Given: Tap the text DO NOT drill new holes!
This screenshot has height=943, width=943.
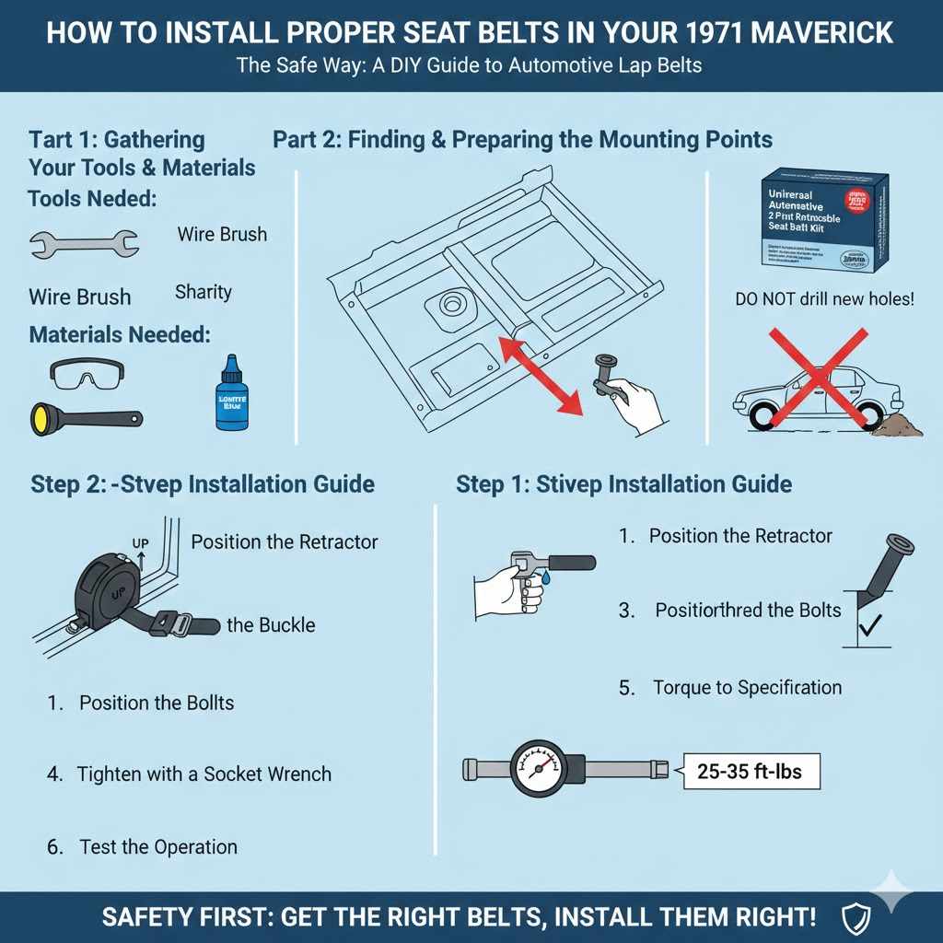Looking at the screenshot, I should pos(824,299).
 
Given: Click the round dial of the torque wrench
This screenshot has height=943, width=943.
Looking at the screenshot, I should pos(538,770).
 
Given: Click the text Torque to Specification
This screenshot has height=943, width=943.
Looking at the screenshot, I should pos(747,687).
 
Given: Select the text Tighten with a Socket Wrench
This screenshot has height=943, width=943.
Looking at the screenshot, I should pos(204,774).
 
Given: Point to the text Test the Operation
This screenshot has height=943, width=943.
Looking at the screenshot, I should pos(158,846).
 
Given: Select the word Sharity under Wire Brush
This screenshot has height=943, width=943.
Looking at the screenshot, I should pos(203,292).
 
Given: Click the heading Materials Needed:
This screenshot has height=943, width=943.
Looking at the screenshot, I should pos(120,334).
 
